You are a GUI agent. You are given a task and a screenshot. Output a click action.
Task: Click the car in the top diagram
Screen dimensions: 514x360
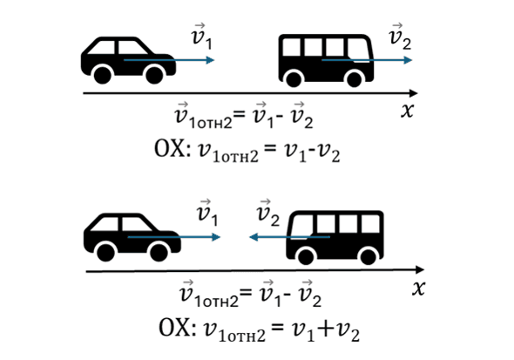pos(128,60)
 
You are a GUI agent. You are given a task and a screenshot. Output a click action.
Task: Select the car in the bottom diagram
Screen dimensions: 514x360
pos(132,237)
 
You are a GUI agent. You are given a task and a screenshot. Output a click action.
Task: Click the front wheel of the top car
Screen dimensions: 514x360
pos(154,75)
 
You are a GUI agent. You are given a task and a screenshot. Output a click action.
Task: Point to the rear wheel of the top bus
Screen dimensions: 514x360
pos(294,79)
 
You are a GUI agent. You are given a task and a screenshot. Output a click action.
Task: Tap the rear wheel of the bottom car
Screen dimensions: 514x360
pos(105,252)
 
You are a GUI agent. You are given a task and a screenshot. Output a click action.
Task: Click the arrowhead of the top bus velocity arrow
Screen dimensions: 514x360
pos(408,60)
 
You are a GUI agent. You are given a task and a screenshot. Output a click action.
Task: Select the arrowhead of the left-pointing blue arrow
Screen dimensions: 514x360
pos(254,237)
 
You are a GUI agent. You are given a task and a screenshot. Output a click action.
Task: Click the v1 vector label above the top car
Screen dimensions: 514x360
pos(201,37)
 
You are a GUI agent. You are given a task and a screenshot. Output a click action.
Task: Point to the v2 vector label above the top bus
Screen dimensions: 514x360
pos(400,37)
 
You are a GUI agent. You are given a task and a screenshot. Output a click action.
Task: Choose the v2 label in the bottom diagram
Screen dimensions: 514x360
pos(268,213)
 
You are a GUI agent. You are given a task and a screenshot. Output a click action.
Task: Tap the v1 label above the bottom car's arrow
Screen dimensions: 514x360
pos(207,213)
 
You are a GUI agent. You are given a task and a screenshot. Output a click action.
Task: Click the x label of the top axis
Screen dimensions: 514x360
pos(407,110)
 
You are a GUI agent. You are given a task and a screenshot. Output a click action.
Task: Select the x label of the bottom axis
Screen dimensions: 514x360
pos(419,289)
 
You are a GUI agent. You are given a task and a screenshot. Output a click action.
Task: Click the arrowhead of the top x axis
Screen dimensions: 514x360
pos(414,93)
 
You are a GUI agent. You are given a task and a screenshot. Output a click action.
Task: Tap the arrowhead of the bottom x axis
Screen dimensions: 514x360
pos(420,270)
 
